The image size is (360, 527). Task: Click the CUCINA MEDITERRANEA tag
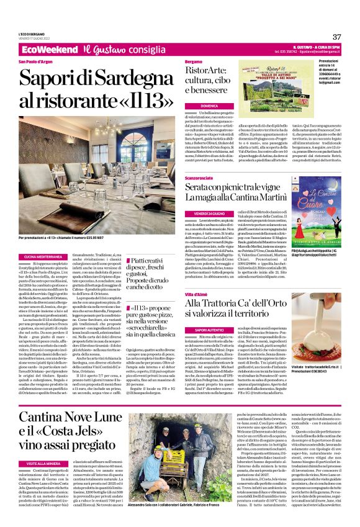point(41,256)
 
